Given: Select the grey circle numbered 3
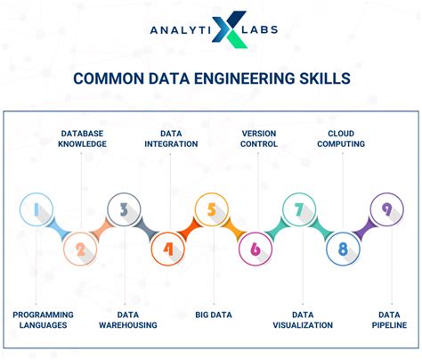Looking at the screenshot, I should click(123, 210).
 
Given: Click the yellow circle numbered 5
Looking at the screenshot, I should click(211, 210).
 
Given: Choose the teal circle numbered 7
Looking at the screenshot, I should click(298, 210).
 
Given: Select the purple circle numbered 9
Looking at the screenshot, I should click(385, 210).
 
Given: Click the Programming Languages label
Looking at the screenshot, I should click(43, 321).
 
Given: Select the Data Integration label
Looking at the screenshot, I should click(166, 138).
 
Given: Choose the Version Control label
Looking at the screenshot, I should click(259, 138).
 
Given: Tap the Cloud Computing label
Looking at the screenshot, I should click(340, 138).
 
